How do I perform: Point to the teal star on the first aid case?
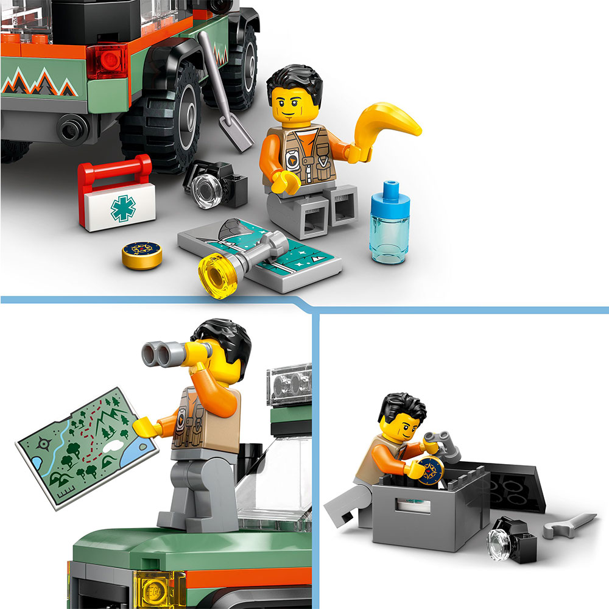pos(123,209)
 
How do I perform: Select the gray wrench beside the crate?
pos(569,526)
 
